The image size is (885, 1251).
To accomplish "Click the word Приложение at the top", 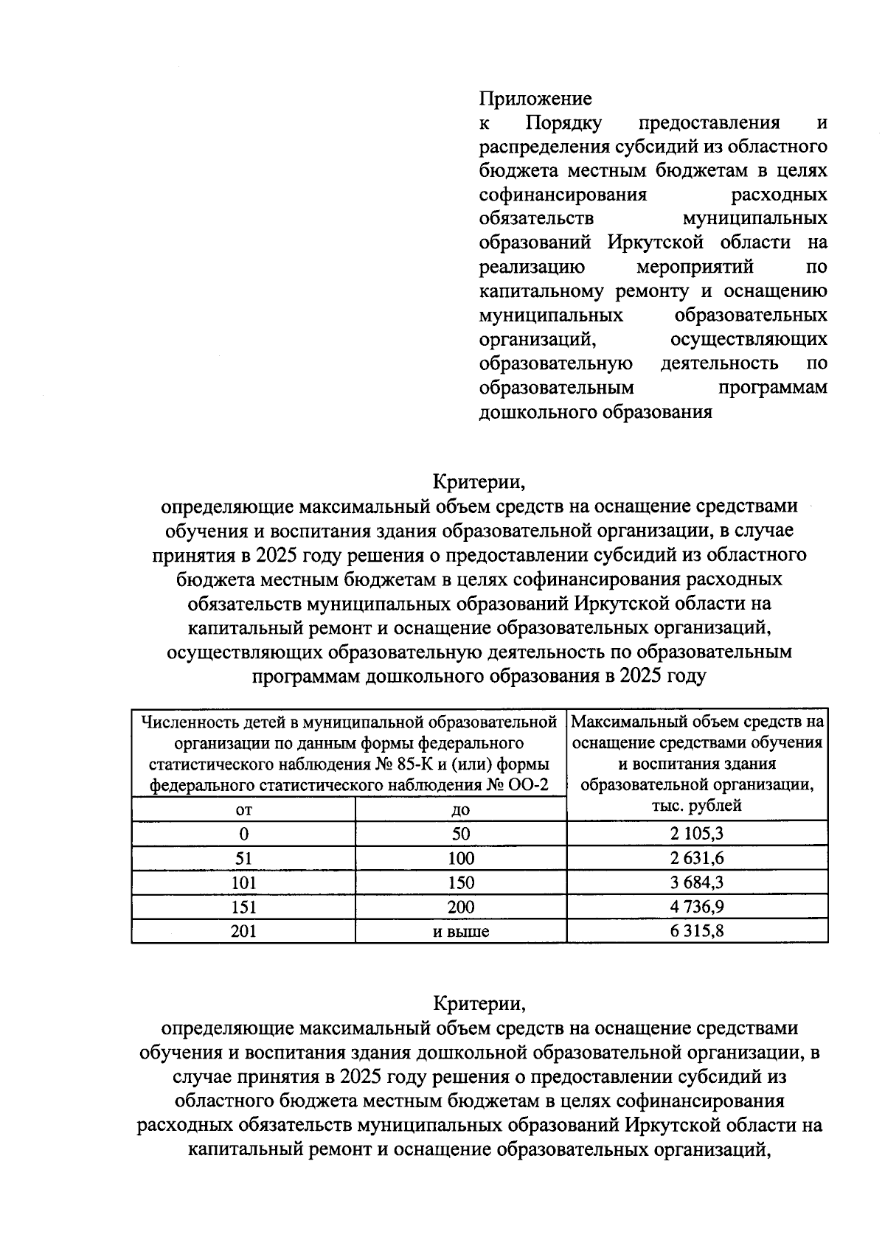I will [535, 98].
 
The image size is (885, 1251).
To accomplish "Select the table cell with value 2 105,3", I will [697, 834].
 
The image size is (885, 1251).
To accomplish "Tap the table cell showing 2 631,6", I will [697, 858].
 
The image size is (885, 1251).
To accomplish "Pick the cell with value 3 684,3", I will [697, 882].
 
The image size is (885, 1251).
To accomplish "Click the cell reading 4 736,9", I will [697, 907].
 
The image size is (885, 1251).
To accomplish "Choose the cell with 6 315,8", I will [697, 931].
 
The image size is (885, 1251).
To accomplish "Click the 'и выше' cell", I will [461, 932].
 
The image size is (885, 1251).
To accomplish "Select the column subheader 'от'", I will [243, 810].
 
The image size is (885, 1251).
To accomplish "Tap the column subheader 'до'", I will [461, 810].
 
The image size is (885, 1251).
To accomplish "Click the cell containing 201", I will [243, 931].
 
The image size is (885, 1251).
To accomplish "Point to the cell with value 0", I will [243, 834].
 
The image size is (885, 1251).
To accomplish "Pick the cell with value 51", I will [243, 858].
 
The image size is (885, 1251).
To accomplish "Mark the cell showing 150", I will [461, 882].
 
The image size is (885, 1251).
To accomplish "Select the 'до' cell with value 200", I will [461, 907].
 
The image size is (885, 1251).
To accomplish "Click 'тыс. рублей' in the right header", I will [696, 806].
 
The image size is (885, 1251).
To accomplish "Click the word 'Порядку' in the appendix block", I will [563, 122].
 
